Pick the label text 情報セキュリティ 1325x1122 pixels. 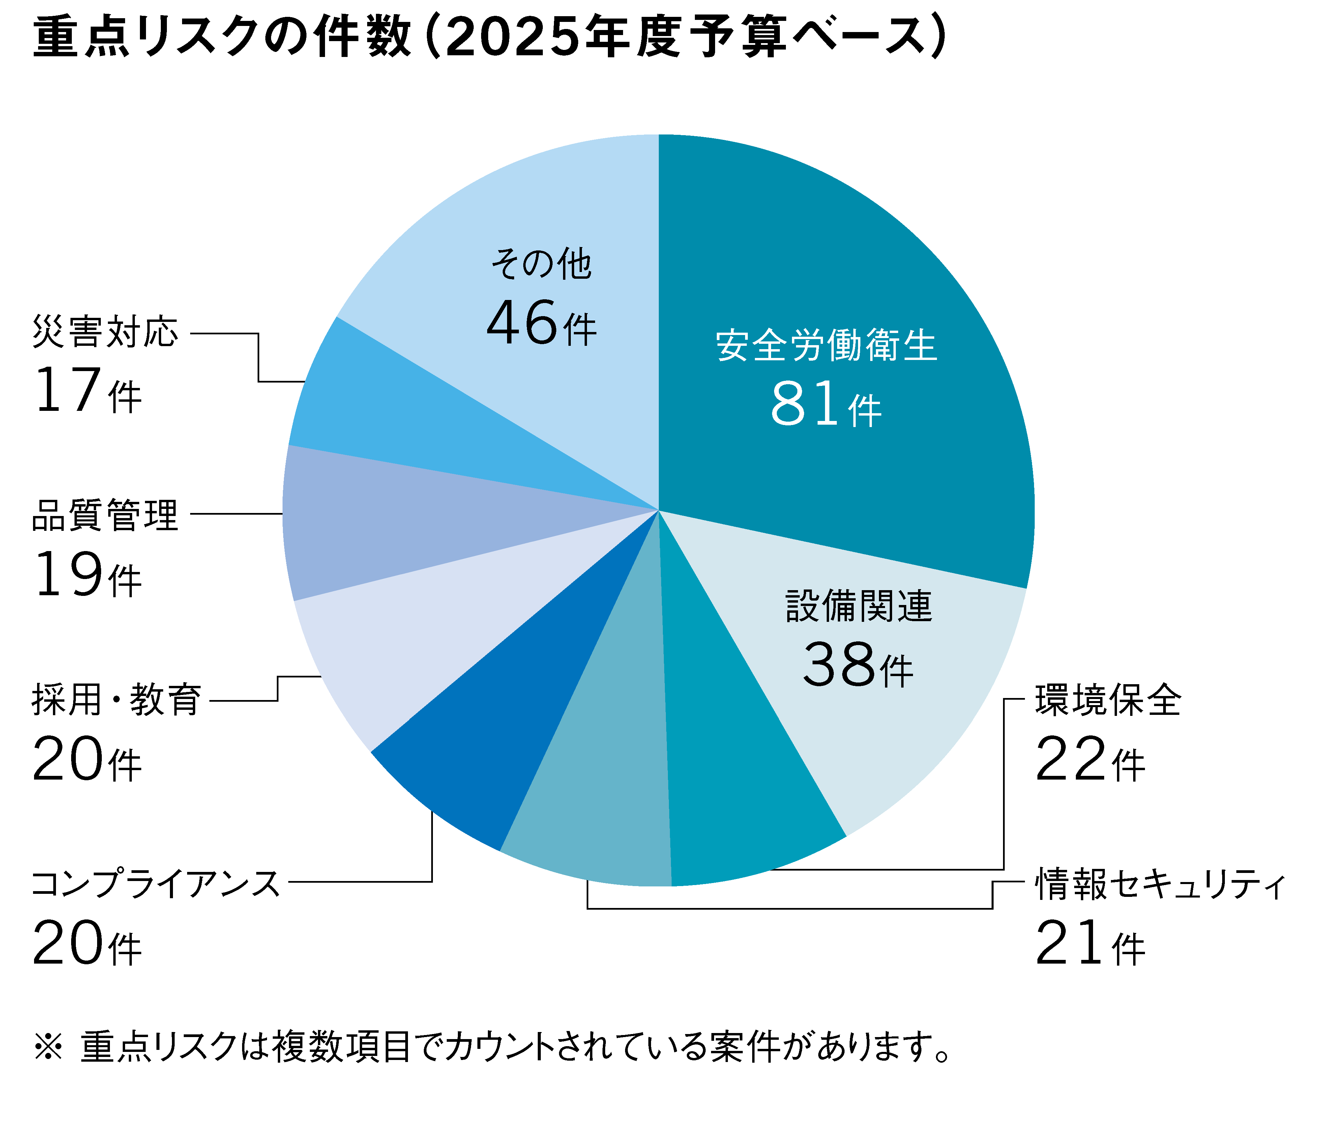coord(1159,884)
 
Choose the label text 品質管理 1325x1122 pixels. coord(105,515)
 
